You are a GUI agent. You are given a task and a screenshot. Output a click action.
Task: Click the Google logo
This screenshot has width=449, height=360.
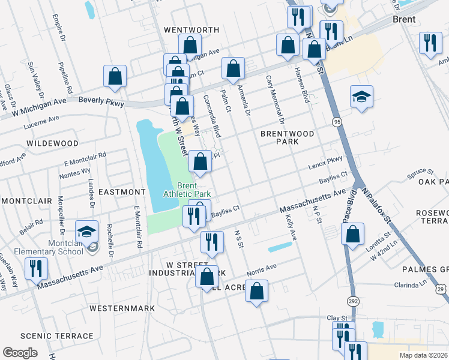click(20, 353)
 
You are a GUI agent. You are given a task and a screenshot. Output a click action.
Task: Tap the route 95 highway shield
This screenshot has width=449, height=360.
click(337, 122)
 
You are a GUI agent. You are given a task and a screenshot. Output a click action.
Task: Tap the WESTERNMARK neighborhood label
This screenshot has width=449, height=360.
click(122, 308)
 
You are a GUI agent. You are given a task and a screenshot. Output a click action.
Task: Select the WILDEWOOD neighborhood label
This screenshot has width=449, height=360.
click(52, 143)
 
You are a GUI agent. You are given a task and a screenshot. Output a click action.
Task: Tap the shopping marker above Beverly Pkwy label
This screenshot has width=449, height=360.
click(115, 76)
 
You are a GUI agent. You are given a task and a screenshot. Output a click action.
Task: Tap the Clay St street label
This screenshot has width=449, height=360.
click(337, 317)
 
